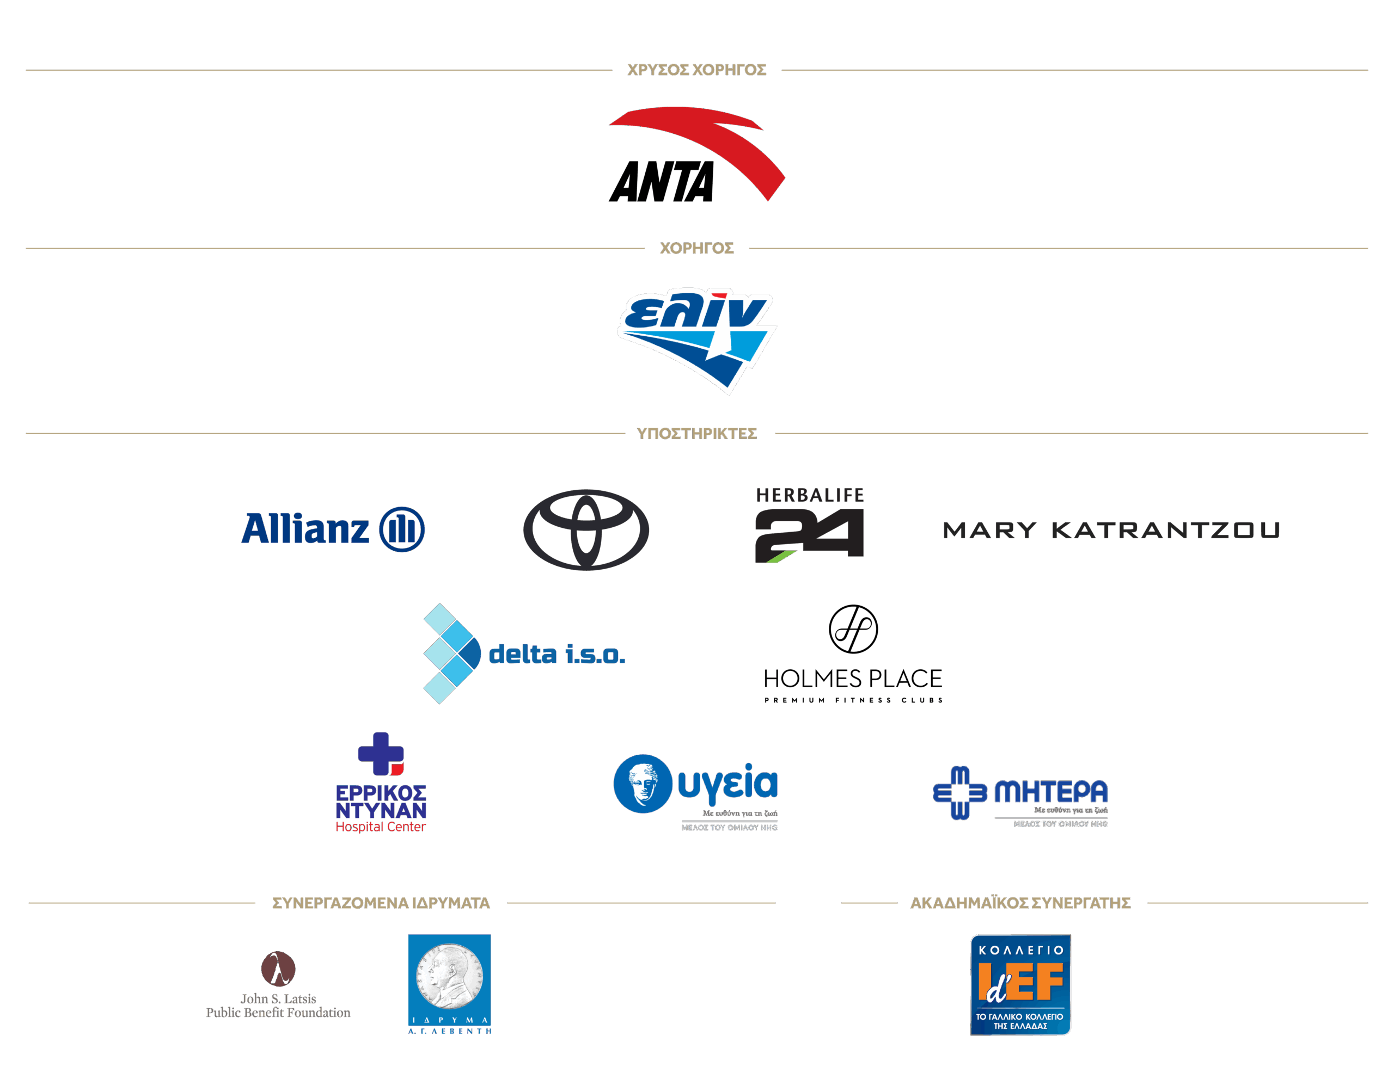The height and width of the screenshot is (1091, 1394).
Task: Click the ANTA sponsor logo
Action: pyautogui.click(x=695, y=155)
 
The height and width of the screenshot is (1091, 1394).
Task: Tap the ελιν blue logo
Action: pyautogui.click(x=696, y=338)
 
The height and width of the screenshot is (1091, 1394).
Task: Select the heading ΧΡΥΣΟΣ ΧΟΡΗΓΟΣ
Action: pyautogui.click(x=696, y=70)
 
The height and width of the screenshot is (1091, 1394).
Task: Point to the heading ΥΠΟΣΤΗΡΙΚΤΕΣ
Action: pyautogui.click(x=696, y=434)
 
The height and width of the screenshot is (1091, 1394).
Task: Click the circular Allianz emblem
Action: pyautogui.click(x=401, y=529)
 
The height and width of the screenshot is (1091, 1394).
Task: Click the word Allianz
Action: pyautogui.click(x=305, y=529)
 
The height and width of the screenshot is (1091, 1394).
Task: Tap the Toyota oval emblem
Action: pyautogui.click(x=585, y=529)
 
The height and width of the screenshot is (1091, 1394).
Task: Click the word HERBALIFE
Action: pyautogui.click(x=809, y=495)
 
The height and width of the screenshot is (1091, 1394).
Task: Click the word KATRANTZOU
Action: pyautogui.click(x=1165, y=530)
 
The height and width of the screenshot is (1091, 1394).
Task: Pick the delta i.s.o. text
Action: pyautogui.click(x=556, y=655)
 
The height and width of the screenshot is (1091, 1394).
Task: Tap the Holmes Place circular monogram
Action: pyautogui.click(x=853, y=629)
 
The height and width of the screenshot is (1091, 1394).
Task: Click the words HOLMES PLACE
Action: pyautogui.click(x=853, y=679)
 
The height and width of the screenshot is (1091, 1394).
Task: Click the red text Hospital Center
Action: pyautogui.click(x=380, y=827)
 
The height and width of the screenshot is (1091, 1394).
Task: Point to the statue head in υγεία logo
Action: pyautogui.click(x=643, y=784)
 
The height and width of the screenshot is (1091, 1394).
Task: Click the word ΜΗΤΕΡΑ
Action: pyautogui.click(x=1050, y=792)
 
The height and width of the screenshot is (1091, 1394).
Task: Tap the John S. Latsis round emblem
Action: pyautogui.click(x=278, y=969)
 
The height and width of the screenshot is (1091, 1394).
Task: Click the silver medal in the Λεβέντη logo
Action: pyautogui.click(x=449, y=977)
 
